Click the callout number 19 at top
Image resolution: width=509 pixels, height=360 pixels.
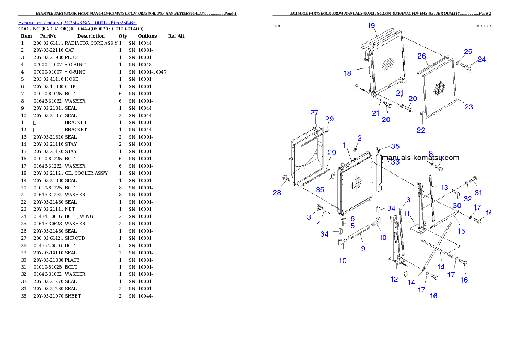pos(371,26)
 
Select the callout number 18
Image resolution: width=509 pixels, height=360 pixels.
pos(347,73)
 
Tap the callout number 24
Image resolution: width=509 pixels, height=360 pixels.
pos(482,59)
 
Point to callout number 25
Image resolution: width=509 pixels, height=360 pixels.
pos(468,51)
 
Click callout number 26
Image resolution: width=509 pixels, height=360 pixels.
pos(421,56)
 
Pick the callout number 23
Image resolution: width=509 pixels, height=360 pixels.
pos(469,107)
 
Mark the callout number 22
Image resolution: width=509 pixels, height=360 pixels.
pos(421,130)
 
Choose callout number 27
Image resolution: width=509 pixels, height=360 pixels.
pos(314,113)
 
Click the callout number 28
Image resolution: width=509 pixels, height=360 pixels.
pos(277,193)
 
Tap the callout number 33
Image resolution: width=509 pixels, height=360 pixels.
pos(395,162)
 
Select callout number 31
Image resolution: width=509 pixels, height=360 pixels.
pos(478,192)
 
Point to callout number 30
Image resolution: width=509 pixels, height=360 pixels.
pos(457,206)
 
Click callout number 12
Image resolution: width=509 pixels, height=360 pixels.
pos(394,279)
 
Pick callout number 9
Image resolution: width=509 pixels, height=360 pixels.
pos(363,248)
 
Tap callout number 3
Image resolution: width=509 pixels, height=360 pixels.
pos(309,217)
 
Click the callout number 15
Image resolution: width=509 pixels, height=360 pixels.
pos(462,231)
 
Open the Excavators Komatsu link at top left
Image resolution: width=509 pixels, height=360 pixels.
pos(77,23)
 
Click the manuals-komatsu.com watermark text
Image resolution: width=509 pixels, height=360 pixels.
pos(420,158)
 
